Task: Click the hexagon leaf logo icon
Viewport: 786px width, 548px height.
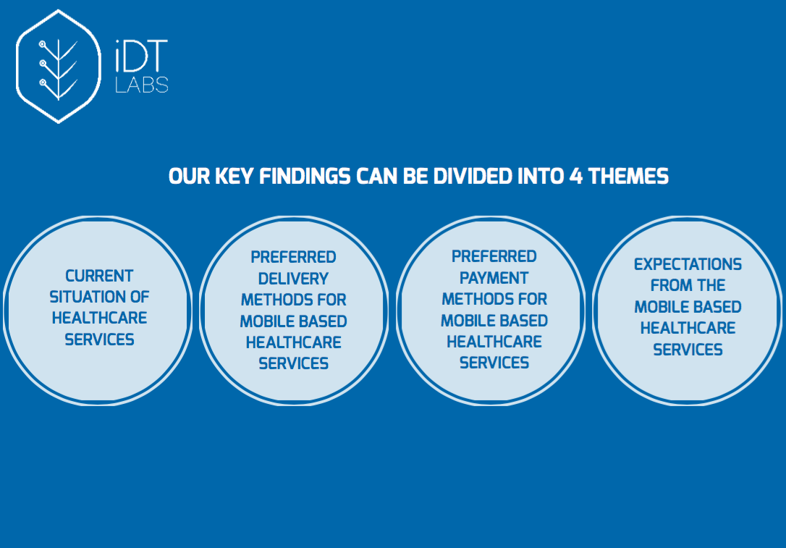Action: point(58,66)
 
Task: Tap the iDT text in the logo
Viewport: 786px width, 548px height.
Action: point(141,56)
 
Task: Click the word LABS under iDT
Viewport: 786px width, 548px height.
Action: point(142,85)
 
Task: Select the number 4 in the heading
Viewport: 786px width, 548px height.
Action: point(576,177)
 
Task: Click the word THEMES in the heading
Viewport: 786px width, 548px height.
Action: point(628,177)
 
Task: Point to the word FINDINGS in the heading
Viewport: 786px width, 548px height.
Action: point(305,177)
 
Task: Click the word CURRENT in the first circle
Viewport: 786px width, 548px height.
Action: point(99,276)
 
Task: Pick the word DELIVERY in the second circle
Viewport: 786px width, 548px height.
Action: point(293,279)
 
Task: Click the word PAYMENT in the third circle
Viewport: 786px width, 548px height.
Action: point(494,278)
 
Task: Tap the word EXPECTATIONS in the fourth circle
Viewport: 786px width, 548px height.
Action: point(688,264)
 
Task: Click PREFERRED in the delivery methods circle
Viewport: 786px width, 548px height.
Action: point(293,257)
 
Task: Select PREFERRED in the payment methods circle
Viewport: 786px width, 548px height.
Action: point(494,256)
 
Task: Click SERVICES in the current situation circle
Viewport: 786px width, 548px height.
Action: point(99,340)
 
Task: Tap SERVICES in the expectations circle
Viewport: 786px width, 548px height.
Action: point(688,350)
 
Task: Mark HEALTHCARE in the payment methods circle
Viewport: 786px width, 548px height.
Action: point(494,342)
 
